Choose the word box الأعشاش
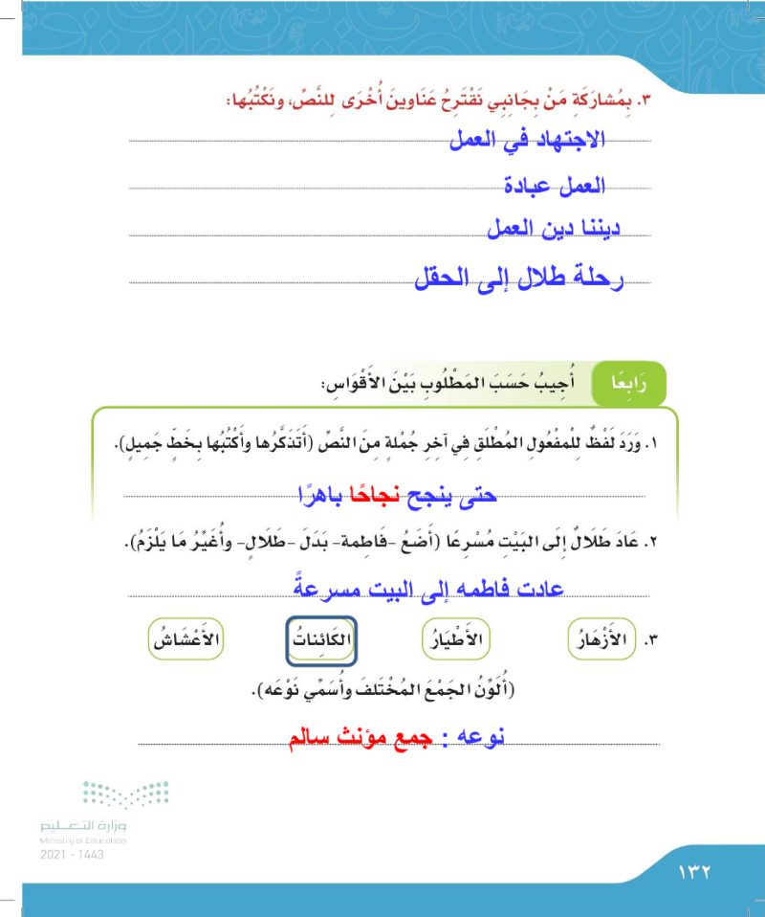tap(185, 637)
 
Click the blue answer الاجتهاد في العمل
tap(534, 142)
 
